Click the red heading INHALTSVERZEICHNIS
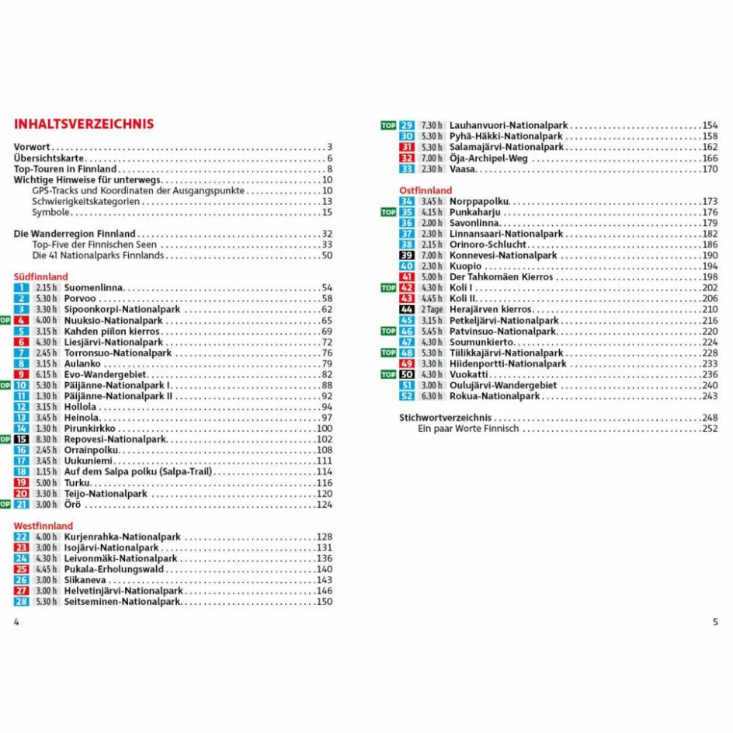point(84,124)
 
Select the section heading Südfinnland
point(41,276)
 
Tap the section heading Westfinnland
point(43,526)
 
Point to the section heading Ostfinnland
point(425,190)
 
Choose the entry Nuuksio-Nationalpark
point(113,321)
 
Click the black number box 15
point(22,439)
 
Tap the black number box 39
point(407,255)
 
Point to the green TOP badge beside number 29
point(388,125)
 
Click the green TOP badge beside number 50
point(388,374)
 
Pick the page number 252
point(710,429)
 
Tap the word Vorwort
point(32,148)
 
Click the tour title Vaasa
point(463,169)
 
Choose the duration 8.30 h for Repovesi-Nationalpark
point(47,439)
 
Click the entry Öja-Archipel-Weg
point(488,158)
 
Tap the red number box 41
point(407,277)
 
